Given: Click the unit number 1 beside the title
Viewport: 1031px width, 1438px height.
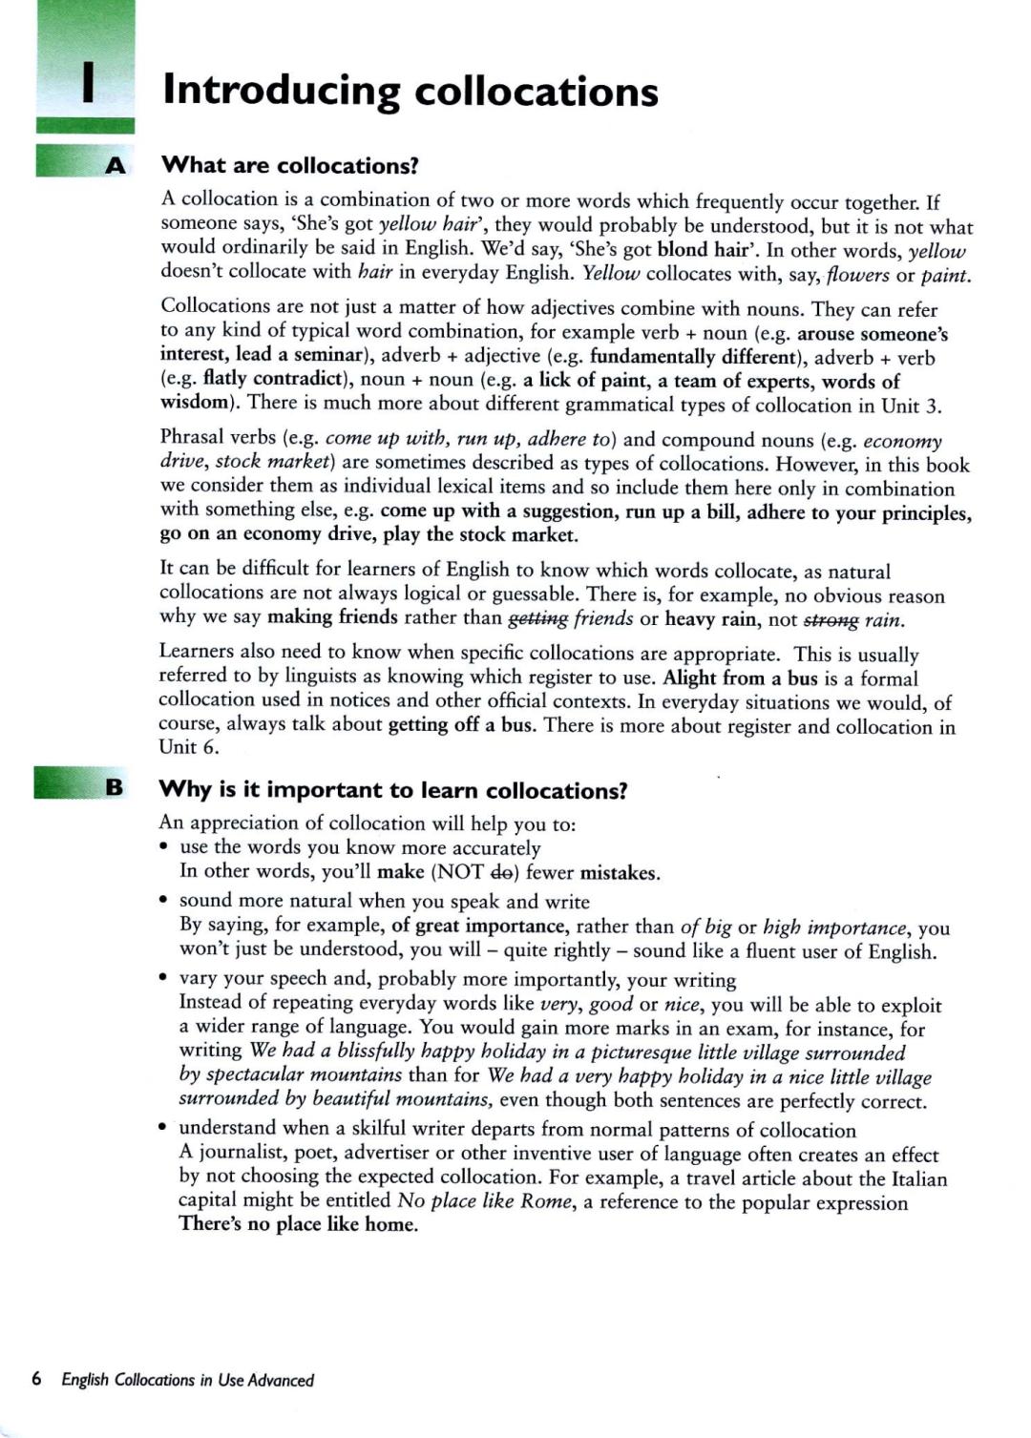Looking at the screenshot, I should (88, 83).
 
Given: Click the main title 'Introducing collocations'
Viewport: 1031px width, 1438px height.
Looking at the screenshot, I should (410, 92).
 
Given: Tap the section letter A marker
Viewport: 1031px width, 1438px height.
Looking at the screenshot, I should (115, 166).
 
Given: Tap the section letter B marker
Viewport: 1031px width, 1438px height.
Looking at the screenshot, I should (115, 787).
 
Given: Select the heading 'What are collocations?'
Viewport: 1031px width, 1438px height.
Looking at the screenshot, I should (290, 166).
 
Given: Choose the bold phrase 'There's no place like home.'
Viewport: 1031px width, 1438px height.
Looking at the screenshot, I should (299, 1224).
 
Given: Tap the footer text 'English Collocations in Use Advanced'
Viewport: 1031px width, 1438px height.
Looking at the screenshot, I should (187, 1380).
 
